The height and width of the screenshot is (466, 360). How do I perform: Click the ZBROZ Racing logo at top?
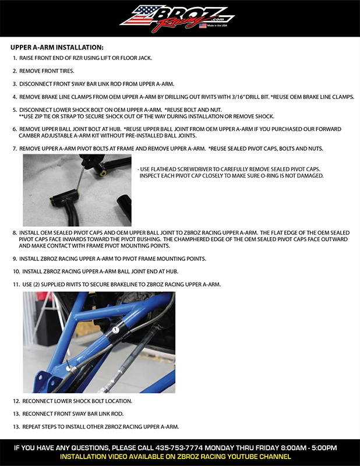179,17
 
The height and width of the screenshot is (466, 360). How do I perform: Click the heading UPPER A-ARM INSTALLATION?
57,47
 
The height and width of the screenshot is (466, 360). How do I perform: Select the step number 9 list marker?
14,258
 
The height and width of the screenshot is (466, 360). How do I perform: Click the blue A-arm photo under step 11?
98,342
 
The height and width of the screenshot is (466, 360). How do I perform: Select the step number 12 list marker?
16,401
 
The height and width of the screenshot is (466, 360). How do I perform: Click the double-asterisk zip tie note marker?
22,116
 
